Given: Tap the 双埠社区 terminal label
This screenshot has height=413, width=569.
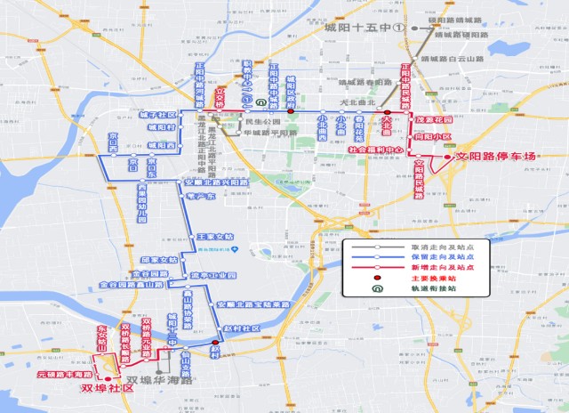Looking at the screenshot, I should coord(106,389).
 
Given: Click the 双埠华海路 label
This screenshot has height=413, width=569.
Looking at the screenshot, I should coord(160,381).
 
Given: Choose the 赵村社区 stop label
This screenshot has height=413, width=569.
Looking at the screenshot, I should coord(242,328).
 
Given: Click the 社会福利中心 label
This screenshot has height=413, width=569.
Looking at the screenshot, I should coord(378,150).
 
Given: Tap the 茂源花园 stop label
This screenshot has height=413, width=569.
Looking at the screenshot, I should coord(433,119).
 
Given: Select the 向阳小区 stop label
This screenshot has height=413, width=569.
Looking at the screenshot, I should coord(432,138).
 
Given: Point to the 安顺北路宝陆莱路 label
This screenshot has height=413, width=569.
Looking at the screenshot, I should coord(254,304).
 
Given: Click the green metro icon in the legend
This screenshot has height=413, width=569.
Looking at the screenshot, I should coord(378,289).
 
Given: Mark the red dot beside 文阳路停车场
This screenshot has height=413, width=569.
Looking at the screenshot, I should coord(447,157).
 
